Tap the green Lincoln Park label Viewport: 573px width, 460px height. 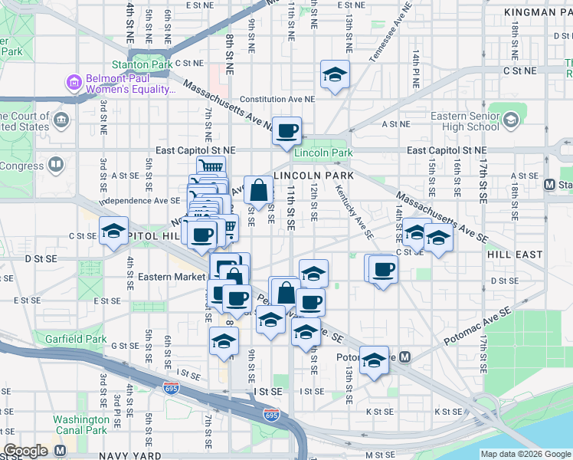[x=324, y=153]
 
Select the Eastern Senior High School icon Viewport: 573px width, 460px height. [x=510, y=119]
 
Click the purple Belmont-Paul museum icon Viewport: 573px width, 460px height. [x=74, y=82]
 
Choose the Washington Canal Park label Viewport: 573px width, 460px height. [x=81, y=425]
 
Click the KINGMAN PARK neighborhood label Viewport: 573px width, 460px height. [x=538, y=13]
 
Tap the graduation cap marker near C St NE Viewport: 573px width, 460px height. [x=335, y=74]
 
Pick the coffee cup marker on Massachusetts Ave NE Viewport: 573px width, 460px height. [x=287, y=130]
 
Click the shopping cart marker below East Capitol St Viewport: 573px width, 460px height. [x=211, y=167]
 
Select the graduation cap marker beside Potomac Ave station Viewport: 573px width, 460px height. [x=373, y=360]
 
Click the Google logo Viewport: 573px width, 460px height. [x=25, y=451]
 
